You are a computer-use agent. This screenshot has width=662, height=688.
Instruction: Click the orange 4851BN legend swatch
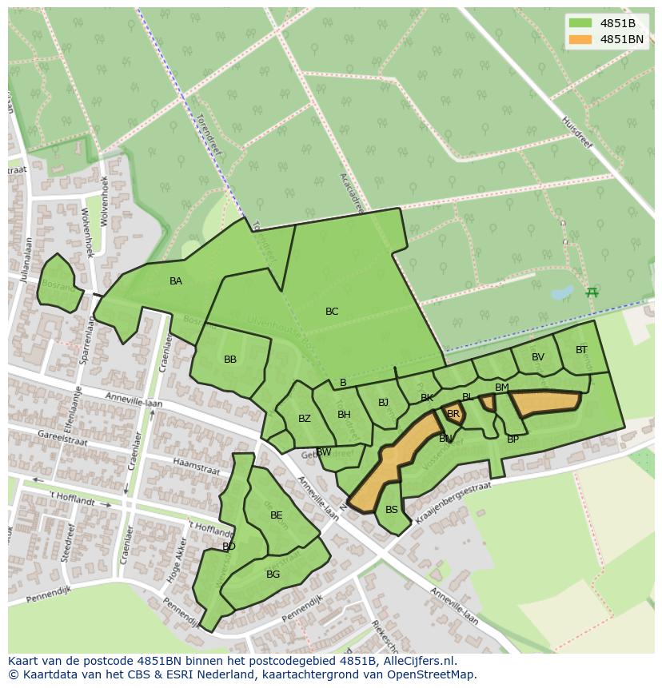coord(581,39)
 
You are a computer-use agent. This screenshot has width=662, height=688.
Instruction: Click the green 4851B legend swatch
coord(581,23)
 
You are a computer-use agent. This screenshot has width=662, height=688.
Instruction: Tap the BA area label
coord(176,281)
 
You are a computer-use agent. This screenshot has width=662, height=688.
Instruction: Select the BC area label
coord(332,312)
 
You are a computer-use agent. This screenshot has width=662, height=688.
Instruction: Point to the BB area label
coord(230,360)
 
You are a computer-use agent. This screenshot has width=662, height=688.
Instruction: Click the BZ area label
coord(305,419)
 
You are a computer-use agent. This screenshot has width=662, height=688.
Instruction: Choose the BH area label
coord(344,415)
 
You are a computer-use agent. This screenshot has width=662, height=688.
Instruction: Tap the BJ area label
coord(383,403)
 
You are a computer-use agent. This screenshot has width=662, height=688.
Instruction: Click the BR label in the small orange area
coord(453,414)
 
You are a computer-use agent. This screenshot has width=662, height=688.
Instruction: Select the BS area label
coord(392,510)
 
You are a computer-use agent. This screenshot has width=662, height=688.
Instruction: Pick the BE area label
coord(277,515)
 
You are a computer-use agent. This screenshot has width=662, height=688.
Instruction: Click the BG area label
coord(273,575)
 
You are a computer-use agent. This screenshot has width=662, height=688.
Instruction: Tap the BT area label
coord(581,350)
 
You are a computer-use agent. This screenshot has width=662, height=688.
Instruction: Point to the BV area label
coord(538,357)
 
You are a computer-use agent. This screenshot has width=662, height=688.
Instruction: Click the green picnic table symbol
coord(592,292)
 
